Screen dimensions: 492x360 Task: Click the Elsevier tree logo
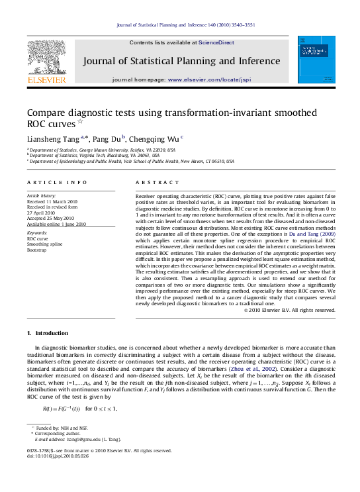click(x=46, y=58)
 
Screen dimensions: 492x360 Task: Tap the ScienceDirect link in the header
click(x=216, y=42)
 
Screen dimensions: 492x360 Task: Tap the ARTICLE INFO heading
click(x=57, y=182)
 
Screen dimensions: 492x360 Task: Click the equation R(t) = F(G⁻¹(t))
click(x=62, y=409)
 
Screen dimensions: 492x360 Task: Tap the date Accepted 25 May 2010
click(x=52, y=218)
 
